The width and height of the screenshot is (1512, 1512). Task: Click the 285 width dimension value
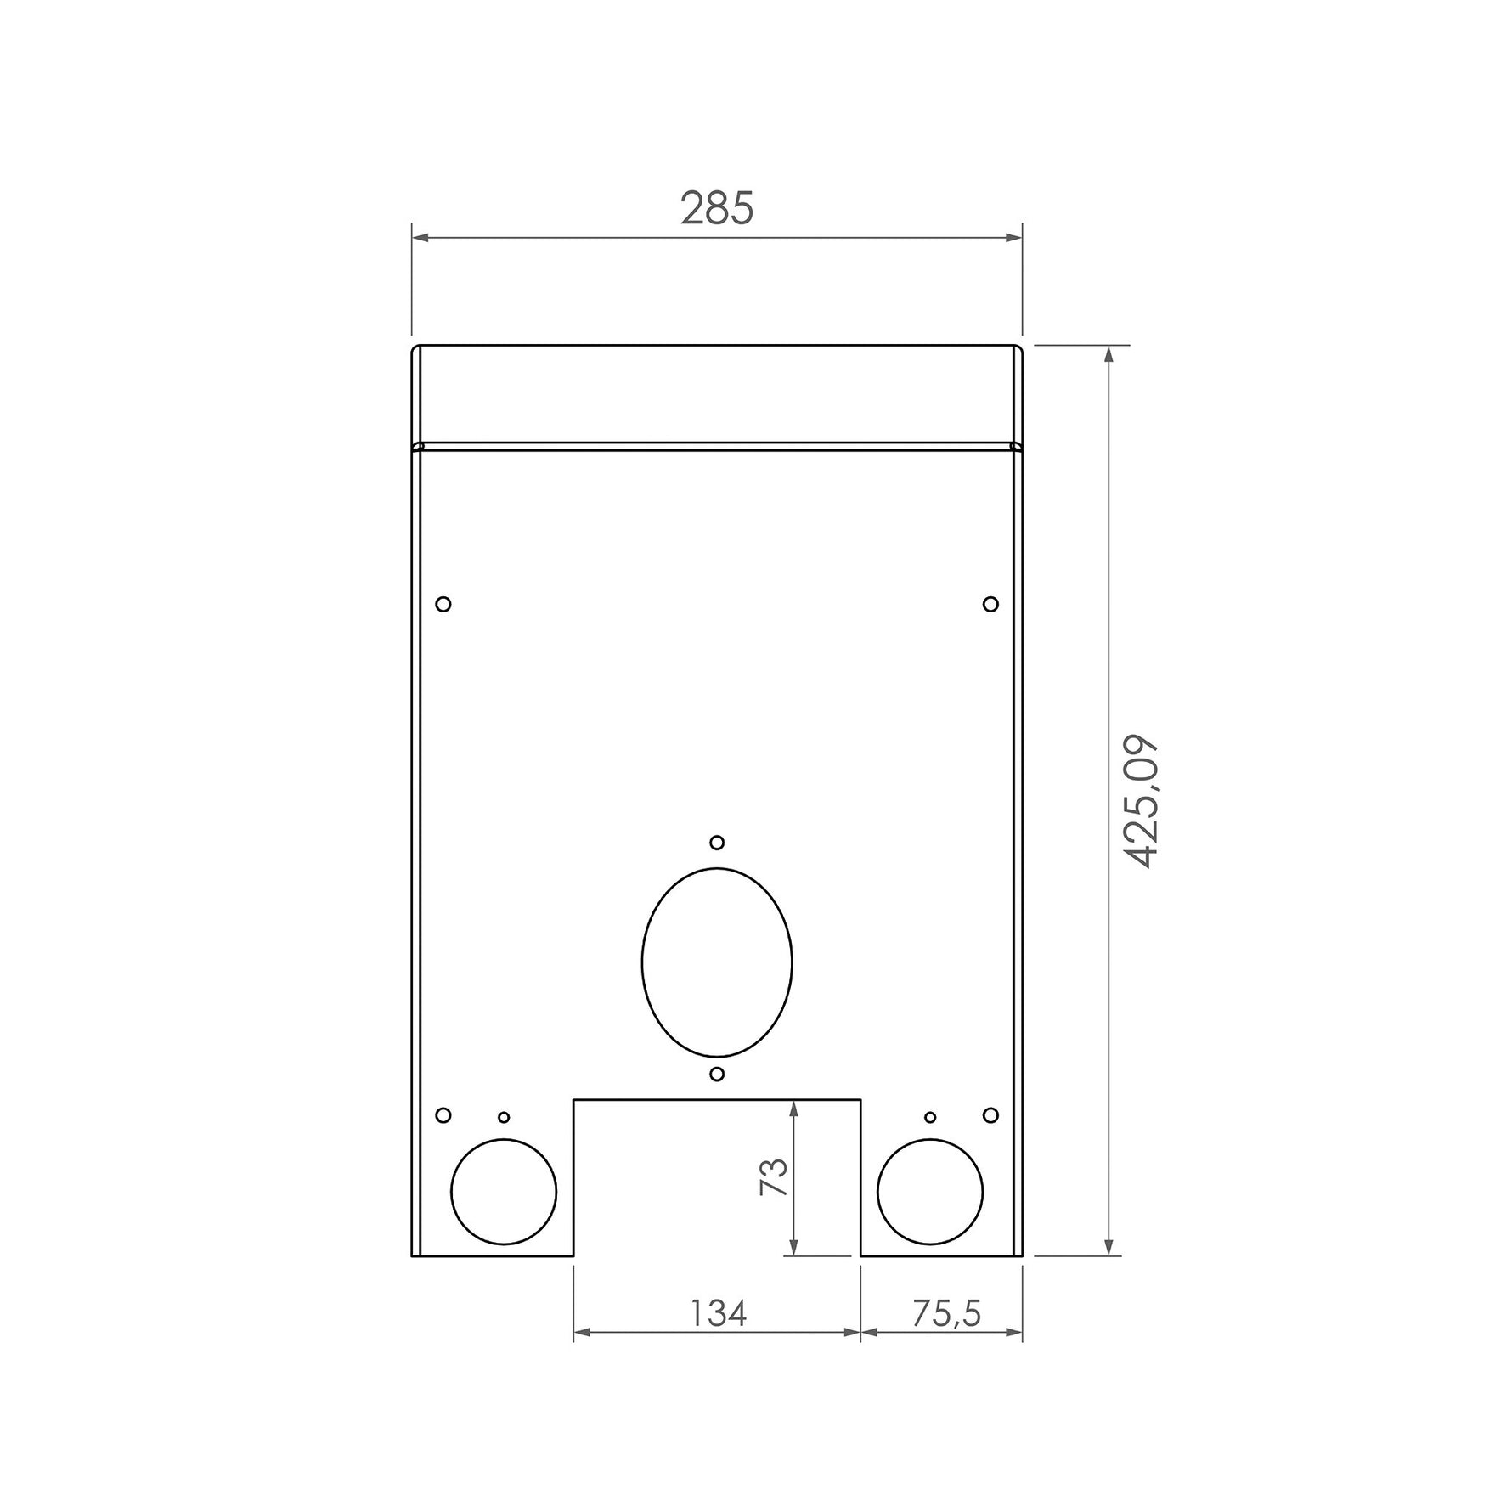[717, 208]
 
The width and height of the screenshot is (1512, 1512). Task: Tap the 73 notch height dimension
[774, 1177]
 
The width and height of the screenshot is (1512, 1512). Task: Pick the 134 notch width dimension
[718, 1313]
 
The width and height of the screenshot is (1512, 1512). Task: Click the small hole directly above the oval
[717, 843]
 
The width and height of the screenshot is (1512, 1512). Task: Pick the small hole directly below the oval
[717, 1074]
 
